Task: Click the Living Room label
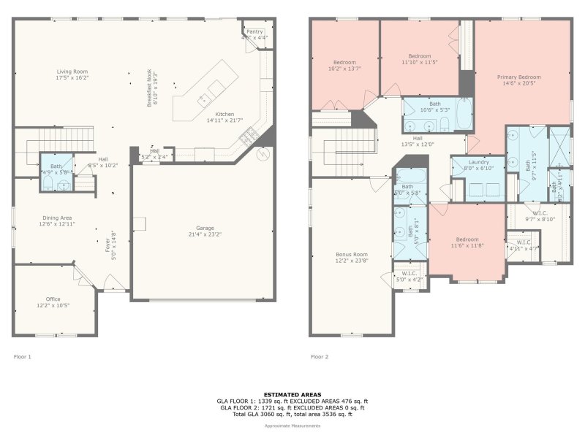[72, 71]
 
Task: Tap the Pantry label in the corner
[254, 31]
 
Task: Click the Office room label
[53, 299]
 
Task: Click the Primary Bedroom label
[519, 77]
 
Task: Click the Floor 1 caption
[23, 357]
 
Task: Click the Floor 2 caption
[320, 357]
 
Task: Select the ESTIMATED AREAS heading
[292, 394]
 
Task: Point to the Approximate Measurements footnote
[292, 426]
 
